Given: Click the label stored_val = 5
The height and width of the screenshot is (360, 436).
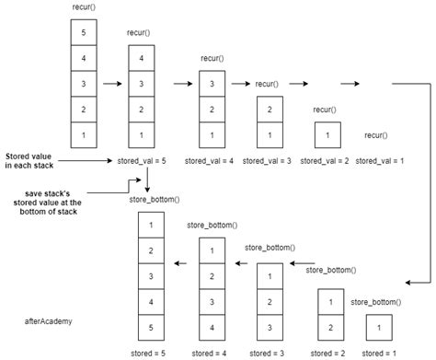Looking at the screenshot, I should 143,161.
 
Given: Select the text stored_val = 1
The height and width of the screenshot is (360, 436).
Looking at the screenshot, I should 380,161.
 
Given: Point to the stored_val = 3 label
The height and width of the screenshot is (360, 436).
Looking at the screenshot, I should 270,161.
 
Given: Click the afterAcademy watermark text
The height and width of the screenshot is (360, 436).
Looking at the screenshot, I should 49,321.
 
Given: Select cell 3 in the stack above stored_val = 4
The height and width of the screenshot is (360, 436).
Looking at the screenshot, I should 213,85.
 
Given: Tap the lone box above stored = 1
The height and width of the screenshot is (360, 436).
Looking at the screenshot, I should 378,326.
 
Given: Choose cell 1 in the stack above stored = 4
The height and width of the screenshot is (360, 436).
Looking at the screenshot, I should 214,250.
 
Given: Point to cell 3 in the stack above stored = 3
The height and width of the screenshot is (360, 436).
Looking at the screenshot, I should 269,326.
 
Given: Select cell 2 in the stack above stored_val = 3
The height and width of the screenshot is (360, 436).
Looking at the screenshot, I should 270,110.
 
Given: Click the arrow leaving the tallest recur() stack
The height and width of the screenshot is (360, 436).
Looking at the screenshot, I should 111,85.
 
